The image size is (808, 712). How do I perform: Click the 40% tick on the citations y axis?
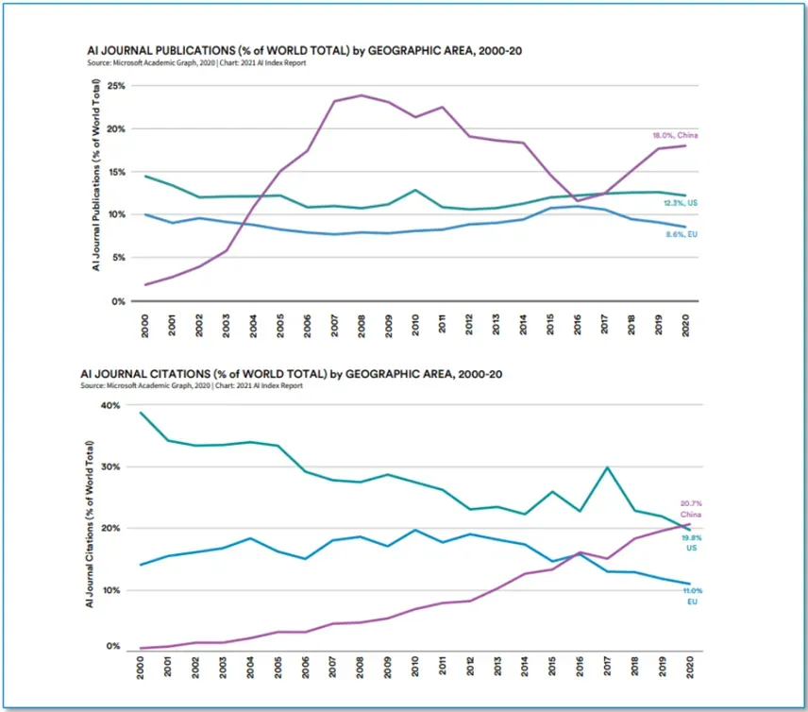pos(111,406)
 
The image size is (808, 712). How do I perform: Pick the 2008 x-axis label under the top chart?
pos(362,323)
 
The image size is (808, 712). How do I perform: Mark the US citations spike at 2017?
pos(605,467)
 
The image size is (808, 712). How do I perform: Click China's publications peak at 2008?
pos(362,95)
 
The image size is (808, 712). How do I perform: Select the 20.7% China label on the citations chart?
pos(692,508)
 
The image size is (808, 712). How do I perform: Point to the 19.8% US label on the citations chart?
pos(692,542)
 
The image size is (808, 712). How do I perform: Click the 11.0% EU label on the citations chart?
pos(692,596)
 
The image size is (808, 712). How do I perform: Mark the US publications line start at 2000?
pos(144,177)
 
